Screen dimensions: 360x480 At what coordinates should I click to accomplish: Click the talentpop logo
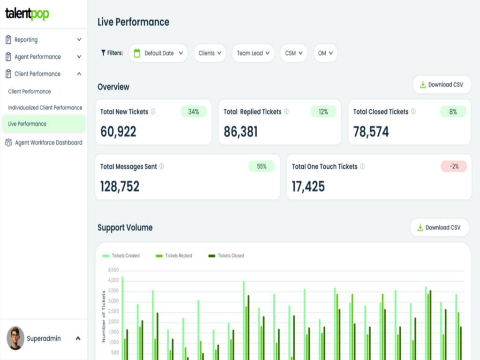(x=27, y=14)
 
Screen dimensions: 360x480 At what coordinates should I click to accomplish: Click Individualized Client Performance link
(x=45, y=107)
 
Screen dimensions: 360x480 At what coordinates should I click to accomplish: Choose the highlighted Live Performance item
(x=43, y=124)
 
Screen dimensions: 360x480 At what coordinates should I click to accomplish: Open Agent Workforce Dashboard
(x=48, y=142)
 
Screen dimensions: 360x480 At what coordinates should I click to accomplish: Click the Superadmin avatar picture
(x=15, y=338)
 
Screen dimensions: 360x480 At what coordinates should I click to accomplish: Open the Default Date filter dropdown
(x=158, y=53)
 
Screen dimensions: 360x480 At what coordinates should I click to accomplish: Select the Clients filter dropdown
(x=210, y=53)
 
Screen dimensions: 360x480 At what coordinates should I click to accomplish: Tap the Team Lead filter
(x=253, y=53)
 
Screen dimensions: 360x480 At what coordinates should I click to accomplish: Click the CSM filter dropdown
(x=293, y=53)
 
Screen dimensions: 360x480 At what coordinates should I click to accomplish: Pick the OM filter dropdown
(x=325, y=53)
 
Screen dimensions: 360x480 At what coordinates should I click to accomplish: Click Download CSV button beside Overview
(x=442, y=85)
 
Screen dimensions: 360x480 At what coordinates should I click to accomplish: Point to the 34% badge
(x=194, y=112)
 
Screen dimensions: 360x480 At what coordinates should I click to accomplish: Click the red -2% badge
(x=453, y=166)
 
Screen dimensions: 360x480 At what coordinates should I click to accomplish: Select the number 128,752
(x=120, y=187)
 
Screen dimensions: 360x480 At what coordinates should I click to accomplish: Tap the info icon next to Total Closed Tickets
(x=413, y=112)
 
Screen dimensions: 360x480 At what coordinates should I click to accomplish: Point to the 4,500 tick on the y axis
(x=113, y=270)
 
